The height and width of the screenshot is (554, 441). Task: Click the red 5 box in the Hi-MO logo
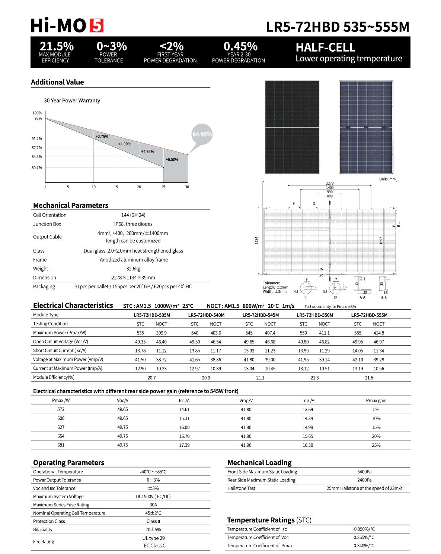[96, 25]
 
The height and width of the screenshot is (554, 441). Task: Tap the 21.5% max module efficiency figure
[57, 46]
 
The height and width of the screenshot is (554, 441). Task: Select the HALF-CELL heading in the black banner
[325, 47]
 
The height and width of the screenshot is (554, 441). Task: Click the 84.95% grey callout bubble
[202, 134]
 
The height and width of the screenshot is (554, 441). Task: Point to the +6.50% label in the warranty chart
[172, 160]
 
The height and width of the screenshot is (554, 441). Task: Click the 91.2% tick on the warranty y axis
[37, 139]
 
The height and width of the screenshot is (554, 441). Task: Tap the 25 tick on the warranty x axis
[163, 187]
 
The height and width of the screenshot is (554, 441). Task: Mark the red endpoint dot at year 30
[188, 154]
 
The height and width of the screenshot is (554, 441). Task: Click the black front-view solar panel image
[292, 127]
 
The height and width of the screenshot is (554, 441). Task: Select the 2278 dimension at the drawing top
[330, 183]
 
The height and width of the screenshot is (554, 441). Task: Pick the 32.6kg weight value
[133, 269]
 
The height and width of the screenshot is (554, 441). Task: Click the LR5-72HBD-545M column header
[261, 315]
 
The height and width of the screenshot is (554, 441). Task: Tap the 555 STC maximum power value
[358, 333]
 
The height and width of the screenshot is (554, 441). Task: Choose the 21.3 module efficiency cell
[314, 378]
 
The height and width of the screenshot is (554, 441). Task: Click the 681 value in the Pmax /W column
[61, 445]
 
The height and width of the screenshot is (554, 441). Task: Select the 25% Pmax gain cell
[376, 445]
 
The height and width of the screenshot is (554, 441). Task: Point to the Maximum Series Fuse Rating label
[61, 505]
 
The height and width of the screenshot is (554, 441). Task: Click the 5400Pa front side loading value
[364, 472]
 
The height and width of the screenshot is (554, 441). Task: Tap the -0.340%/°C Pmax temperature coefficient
[363, 546]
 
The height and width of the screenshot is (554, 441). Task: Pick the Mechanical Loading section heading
[259, 462]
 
